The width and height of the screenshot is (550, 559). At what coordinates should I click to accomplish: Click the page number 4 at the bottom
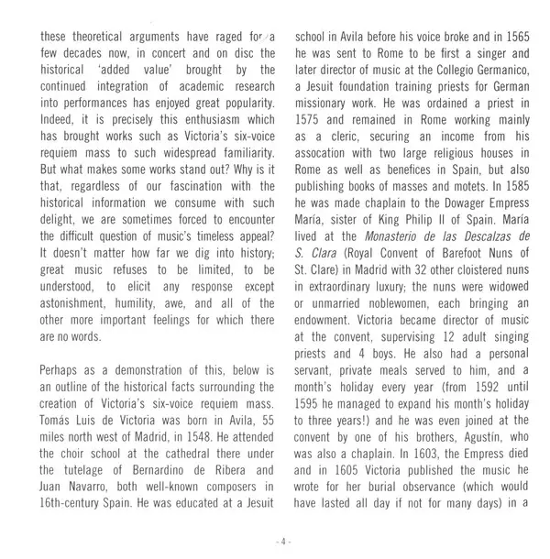(x=284, y=543)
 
